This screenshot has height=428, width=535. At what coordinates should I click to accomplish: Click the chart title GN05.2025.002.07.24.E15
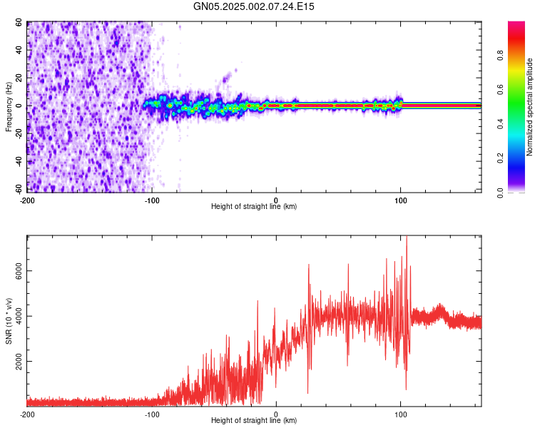click(254, 6)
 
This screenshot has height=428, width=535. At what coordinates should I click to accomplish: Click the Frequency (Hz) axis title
click(9, 107)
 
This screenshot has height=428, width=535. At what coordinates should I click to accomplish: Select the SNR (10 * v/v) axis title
click(9, 321)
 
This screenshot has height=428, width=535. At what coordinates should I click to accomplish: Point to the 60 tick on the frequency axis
click(19, 23)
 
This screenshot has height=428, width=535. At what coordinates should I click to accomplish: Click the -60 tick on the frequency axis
click(18, 189)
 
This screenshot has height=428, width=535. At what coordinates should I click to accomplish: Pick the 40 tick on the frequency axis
click(19, 51)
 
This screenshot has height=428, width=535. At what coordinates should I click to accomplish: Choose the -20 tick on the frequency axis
click(18, 133)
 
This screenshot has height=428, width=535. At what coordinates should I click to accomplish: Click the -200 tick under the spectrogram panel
click(26, 200)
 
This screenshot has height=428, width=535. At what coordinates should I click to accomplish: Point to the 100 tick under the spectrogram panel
click(401, 200)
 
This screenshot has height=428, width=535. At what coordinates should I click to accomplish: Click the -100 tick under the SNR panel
click(151, 414)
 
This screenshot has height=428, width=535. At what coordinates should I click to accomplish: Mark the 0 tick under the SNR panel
click(276, 414)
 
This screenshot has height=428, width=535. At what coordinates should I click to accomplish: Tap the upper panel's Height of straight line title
click(254, 207)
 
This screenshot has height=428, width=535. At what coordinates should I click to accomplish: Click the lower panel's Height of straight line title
click(254, 421)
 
